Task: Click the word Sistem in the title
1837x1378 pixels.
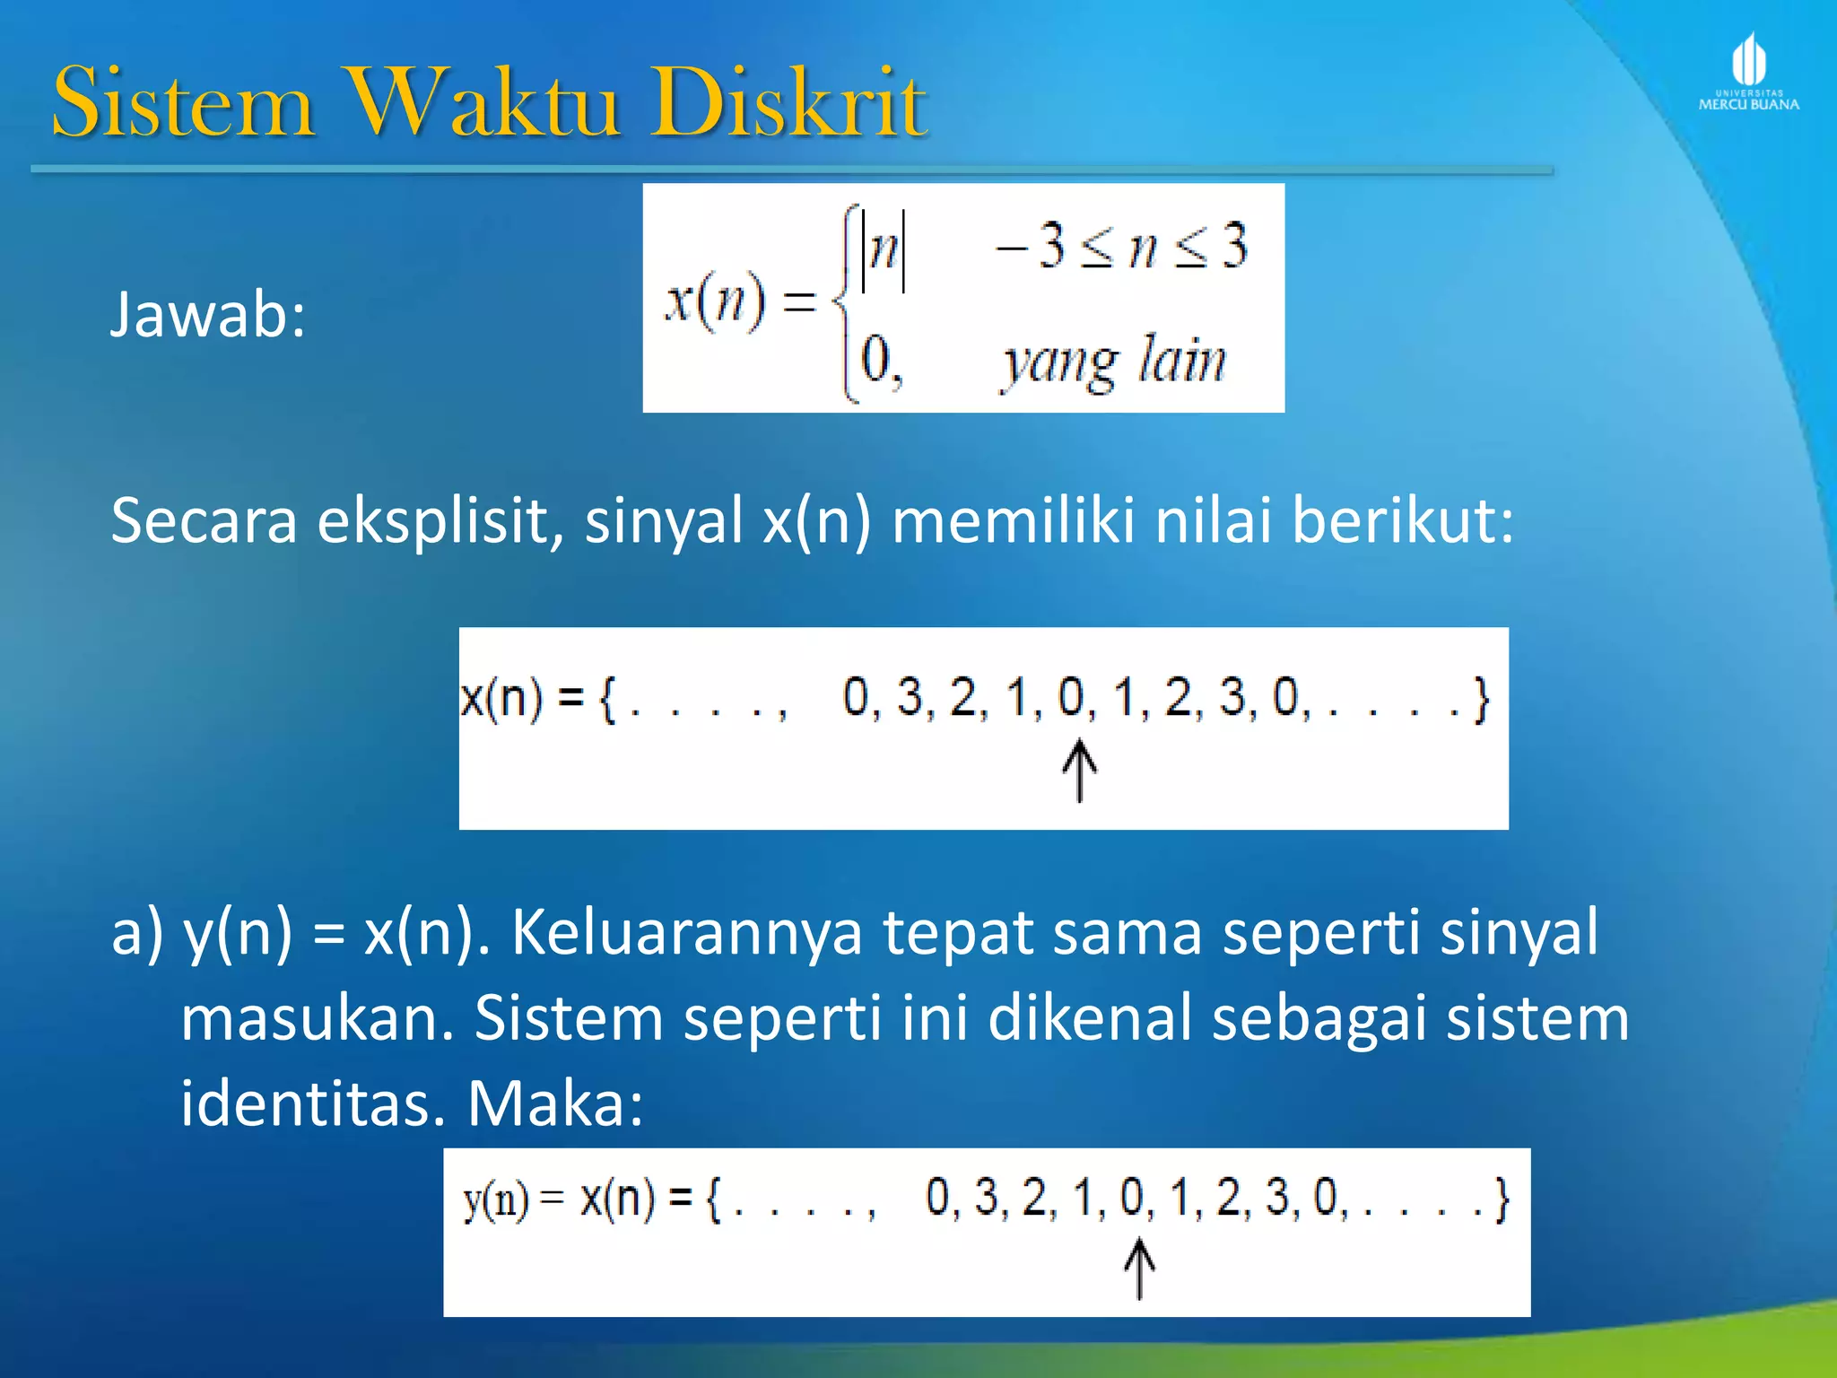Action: click(x=184, y=103)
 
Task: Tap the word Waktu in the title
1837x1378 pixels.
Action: click(x=483, y=103)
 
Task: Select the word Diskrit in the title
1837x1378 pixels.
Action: click(x=789, y=103)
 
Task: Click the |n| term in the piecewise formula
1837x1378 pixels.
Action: click(x=884, y=248)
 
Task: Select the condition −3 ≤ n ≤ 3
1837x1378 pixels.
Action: click(x=1121, y=246)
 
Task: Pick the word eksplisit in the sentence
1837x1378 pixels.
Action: click(x=440, y=521)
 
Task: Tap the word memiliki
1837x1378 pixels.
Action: click(x=1014, y=521)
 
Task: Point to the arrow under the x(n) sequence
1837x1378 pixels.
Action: click(x=1079, y=771)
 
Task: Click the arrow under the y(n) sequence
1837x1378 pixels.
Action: click(x=1139, y=1269)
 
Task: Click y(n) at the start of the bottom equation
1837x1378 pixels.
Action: click(x=496, y=1200)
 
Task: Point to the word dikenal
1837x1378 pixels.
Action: click(x=1090, y=1019)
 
